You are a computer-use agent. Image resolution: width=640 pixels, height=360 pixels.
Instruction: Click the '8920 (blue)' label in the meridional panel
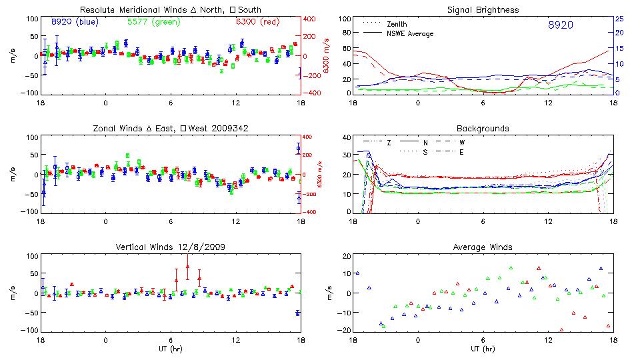(x=74, y=22)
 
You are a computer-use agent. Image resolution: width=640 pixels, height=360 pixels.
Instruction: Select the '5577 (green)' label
(x=153, y=22)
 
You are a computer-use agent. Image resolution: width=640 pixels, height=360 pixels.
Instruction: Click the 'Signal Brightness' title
(x=483, y=10)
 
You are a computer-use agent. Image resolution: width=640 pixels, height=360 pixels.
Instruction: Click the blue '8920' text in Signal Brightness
(x=561, y=25)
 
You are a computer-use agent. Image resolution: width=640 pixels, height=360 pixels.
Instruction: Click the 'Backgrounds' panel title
(x=483, y=128)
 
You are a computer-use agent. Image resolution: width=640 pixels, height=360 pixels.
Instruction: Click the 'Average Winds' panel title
(x=483, y=247)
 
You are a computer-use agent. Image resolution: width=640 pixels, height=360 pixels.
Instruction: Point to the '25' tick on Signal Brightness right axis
(x=619, y=19)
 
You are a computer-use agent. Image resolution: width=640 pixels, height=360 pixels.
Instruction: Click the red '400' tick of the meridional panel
(x=311, y=19)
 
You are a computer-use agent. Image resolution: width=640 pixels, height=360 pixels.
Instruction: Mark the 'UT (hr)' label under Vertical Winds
(x=170, y=349)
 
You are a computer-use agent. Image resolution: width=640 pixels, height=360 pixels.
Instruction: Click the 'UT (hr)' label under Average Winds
(x=483, y=349)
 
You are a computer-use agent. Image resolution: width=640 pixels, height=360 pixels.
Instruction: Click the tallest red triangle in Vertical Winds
(x=188, y=267)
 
